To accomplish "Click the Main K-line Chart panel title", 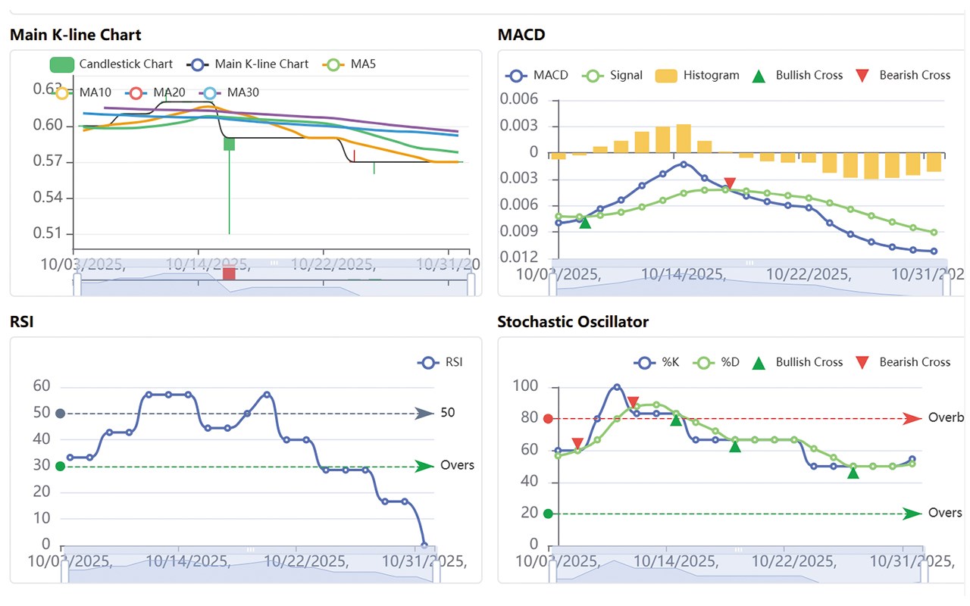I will (75, 35).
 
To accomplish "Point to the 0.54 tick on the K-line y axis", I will (48, 198).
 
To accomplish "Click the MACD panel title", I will (521, 35).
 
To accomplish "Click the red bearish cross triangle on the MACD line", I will (730, 183).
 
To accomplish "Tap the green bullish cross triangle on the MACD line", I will (585, 222).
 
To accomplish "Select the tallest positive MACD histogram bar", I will (684, 139).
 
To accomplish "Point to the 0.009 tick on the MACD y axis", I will (523, 231).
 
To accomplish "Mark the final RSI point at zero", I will (424, 545).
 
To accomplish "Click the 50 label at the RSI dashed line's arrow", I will (448, 413).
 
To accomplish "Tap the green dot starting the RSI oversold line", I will (60, 466).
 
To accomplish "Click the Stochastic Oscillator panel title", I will (573, 322).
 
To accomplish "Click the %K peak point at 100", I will (616, 387).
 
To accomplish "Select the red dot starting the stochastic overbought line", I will (548, 418).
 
